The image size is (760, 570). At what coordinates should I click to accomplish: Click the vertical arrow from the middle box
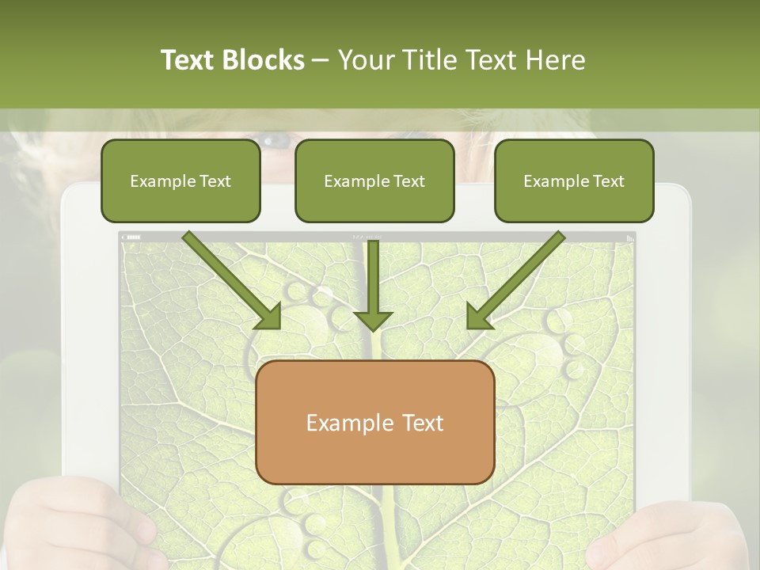click(373, 277)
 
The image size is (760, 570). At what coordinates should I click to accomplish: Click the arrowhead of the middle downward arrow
click(373, 320)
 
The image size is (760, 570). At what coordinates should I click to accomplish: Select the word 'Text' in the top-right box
click(608, 181)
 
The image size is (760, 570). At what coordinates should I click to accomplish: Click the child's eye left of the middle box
click(277, 142)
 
